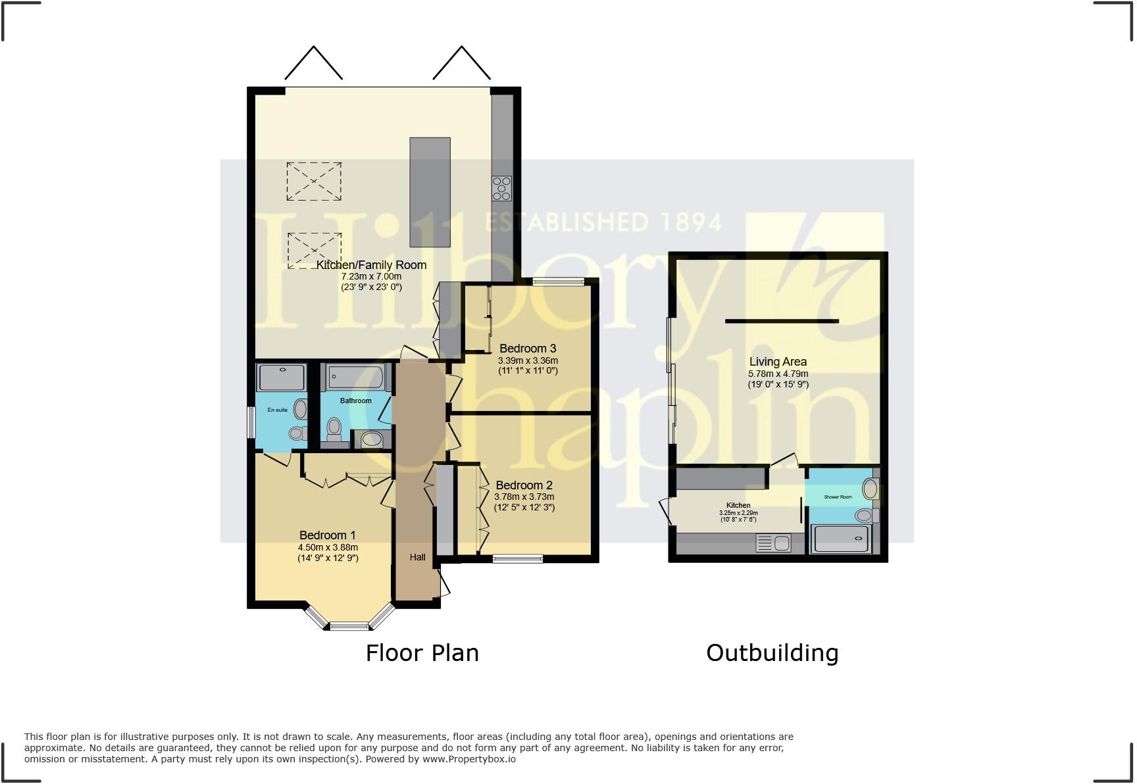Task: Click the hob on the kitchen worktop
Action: pos(501,188)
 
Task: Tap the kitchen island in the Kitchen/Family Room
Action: pos(430,191)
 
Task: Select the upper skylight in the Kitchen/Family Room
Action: pos(314,181)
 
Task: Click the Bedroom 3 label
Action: pos(528,349)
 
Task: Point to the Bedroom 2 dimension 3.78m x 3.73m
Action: pos(524,497)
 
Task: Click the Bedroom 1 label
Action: pos(327,535)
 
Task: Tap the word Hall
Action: pos(417,557)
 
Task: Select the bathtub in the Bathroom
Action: pos(356,378)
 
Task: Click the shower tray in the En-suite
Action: pos(282,378)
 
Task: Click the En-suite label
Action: pos(277,410)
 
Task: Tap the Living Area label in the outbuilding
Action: pos(778,362)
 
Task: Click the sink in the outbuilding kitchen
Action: pos(782,543)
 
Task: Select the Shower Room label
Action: pos(838,497)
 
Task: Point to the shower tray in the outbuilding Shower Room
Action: pos(841,539)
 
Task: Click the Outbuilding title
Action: pos(772,653)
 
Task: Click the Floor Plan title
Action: pos(422,653)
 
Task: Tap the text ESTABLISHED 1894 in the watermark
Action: pos(603,222)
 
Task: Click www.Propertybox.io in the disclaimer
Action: pos(468,759)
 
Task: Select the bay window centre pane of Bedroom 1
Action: pos(350,625)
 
